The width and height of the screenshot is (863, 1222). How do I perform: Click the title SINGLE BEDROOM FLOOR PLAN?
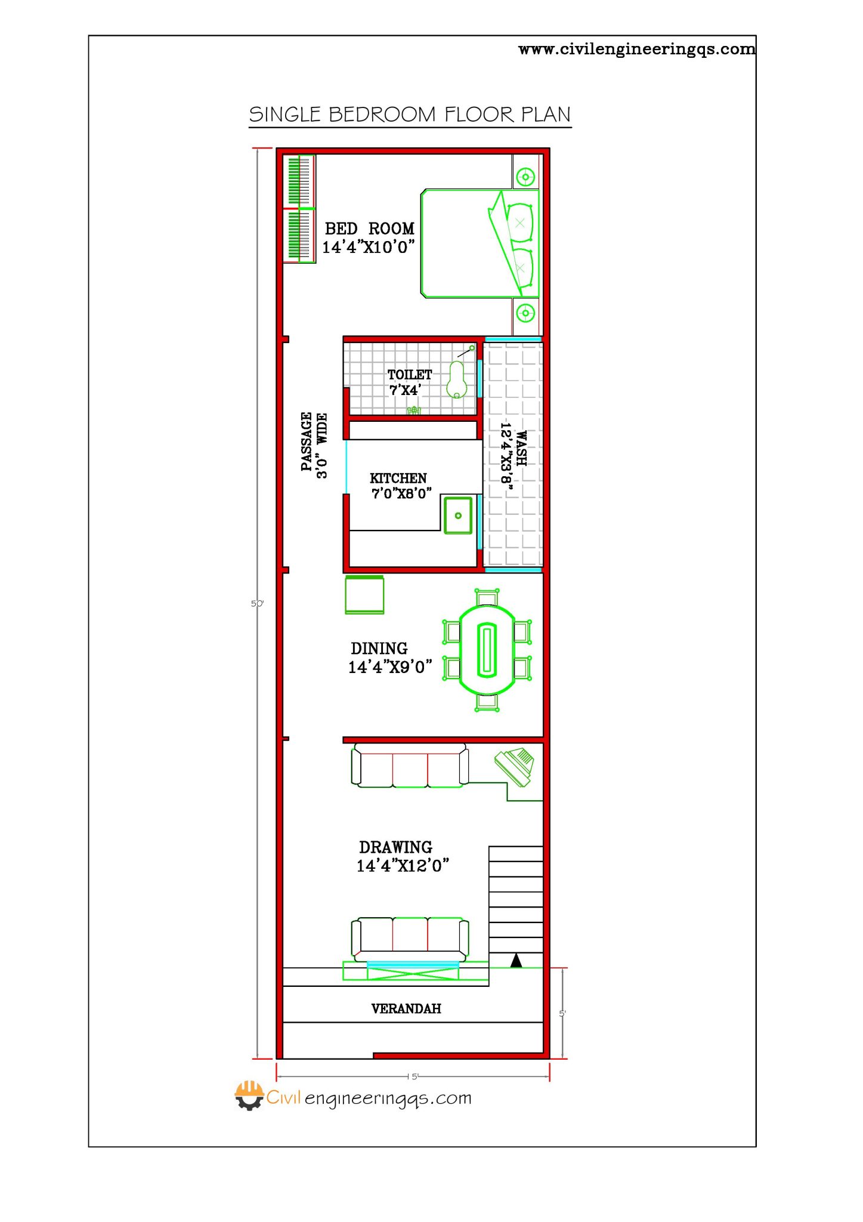410,115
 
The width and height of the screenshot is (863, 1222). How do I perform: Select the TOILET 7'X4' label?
409,382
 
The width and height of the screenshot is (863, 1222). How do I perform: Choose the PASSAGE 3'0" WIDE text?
314,445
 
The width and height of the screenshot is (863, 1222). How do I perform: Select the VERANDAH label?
406,1008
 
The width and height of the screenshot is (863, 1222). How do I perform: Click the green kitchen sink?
458,515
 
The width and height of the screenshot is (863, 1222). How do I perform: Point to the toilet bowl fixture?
457,379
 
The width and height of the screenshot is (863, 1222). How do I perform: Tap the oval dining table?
487,650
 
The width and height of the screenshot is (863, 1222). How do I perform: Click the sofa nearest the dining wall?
410,766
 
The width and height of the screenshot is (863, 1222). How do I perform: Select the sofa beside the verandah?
410,939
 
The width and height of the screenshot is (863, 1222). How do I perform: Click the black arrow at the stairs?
516,960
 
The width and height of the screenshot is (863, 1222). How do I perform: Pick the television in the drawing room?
515,766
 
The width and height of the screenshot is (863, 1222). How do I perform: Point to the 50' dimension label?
256,604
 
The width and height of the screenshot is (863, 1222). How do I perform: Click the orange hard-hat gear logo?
249,1096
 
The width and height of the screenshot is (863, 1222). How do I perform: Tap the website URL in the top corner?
636,49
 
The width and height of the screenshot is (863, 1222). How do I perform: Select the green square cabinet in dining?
364,595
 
